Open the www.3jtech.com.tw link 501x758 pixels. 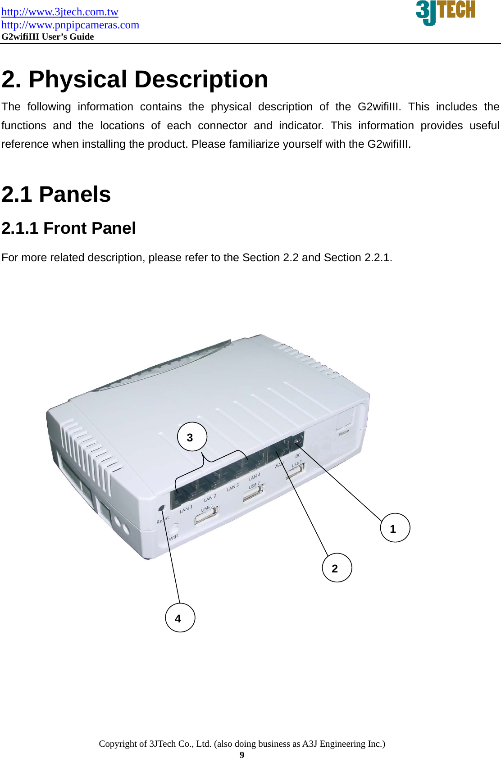(59, 12)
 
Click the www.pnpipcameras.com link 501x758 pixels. (70, 25)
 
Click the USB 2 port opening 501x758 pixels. (253, 494)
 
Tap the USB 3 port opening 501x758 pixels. (295, 471)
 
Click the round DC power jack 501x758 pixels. (298, 440)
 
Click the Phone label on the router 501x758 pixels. (344, 432)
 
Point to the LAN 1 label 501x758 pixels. (186, 509)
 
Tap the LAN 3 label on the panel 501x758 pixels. (232, 487)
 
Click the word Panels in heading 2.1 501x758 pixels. (74, 195)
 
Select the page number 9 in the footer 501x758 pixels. (242, 755)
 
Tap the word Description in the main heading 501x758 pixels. (201, 79)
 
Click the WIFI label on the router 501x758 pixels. (173, 537)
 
